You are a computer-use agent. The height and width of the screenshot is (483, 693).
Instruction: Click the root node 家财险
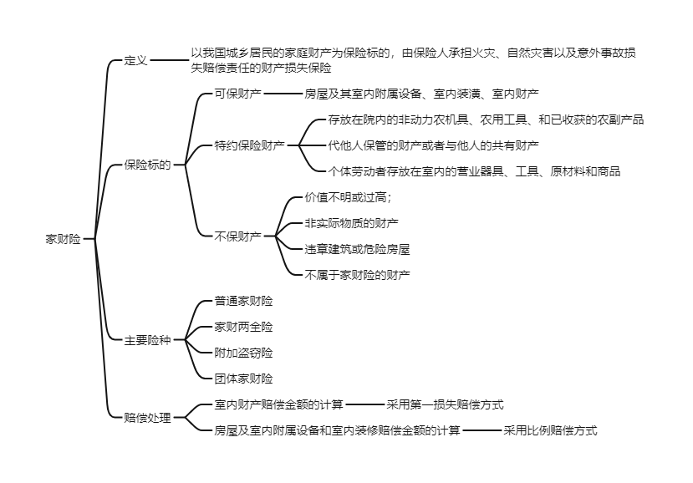63,239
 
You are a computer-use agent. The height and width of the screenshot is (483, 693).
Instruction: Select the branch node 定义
135,61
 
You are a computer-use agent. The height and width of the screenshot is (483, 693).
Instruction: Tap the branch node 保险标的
147,165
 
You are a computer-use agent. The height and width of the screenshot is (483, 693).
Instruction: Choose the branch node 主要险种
147,340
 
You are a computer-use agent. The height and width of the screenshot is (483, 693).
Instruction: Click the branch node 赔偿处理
147,418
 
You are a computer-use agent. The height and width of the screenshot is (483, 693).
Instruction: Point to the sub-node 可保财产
237,94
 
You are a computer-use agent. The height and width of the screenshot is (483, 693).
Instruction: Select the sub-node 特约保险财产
249,145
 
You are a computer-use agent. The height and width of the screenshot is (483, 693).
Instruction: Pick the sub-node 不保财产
237,236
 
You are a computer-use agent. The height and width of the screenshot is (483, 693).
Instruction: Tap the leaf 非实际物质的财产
351,223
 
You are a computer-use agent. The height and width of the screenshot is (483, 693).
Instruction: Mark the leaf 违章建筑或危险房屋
357,249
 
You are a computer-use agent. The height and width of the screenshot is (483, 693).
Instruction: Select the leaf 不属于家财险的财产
357,274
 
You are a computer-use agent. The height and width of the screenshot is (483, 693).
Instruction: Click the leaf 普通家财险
243,301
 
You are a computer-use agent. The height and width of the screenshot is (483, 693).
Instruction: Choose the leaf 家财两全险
243,327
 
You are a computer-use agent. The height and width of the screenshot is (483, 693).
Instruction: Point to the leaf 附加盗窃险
243,353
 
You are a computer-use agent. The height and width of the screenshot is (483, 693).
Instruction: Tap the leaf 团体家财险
243,379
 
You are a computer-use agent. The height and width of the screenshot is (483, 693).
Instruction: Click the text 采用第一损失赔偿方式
445,404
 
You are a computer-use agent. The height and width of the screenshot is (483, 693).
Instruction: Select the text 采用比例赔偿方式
550,430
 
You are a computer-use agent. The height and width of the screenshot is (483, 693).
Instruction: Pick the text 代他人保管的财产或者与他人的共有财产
433,145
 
